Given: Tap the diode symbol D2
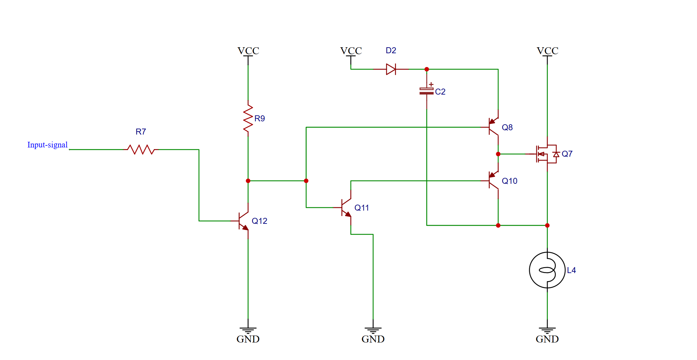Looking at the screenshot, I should point(391,69).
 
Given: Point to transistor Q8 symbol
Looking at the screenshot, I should point(494,127).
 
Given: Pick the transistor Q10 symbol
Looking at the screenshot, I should point(494,180).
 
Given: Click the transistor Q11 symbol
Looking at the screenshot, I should point(346,208).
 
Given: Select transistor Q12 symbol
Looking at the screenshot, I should point(244,221).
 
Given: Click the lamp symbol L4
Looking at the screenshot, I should point(547,270).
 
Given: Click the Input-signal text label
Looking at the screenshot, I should point(47,145).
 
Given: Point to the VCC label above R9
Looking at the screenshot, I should point(248,51).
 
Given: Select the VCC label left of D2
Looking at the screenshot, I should point(351,51).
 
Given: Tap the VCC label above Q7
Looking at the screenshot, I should point(547,51).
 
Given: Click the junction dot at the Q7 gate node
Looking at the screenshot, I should point(498,154).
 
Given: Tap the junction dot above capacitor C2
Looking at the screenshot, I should point(427,69).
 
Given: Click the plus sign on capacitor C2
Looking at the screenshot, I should point(431,85).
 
